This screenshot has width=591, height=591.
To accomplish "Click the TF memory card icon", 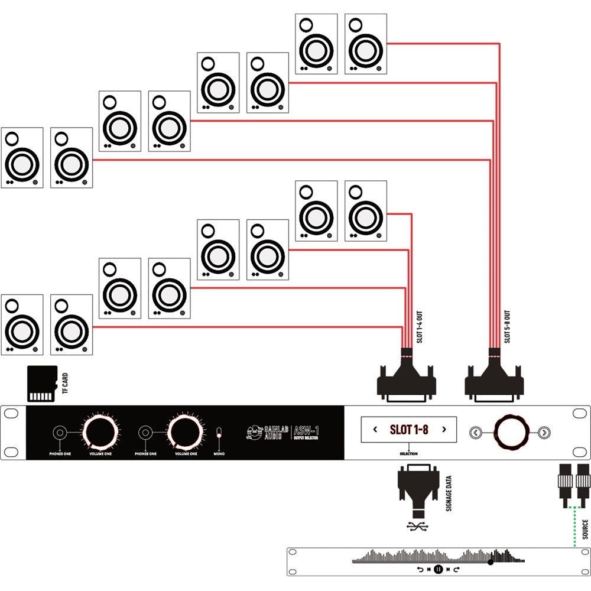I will click(x=43, y=384).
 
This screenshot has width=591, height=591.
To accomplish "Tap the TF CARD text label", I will click(x=65, y=384).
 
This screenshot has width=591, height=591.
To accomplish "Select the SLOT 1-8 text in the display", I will click(x=409, y=430).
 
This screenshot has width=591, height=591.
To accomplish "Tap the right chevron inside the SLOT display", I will click(x=444, y=430).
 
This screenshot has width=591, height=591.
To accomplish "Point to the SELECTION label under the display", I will click(x=408, y=454).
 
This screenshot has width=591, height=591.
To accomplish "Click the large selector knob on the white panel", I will click(x=509, y=431).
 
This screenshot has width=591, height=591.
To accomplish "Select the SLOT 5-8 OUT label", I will click(x=507, y=327).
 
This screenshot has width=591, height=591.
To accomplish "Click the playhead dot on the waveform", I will click(x=491, y=562).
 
